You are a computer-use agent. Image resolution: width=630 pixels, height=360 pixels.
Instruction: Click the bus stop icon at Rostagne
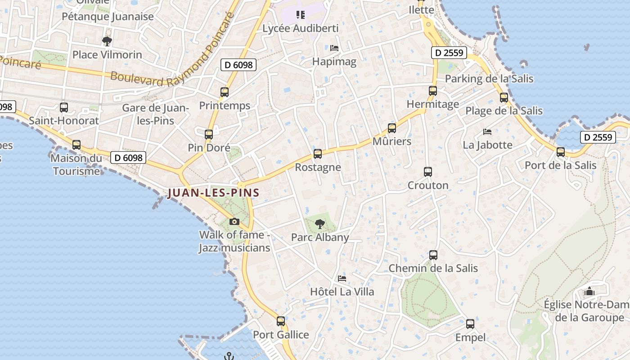318,154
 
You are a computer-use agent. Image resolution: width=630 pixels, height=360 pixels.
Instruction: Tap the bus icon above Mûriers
392,128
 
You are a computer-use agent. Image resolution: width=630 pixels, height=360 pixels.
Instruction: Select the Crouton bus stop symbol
428,172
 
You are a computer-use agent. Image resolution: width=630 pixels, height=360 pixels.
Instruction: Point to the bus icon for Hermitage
433,91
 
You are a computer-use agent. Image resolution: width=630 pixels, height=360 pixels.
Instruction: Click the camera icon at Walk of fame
234,221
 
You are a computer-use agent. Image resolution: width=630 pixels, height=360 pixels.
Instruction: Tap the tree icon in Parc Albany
320,224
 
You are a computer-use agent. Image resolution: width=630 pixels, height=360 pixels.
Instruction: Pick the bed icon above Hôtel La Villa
342,279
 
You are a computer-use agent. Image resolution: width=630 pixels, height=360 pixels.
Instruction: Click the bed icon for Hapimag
334,48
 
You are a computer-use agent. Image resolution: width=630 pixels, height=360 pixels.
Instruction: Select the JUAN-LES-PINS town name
213,193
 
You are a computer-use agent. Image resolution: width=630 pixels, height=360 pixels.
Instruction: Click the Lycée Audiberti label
300,28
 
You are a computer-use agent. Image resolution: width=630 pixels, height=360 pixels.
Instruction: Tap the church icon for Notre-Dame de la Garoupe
589,292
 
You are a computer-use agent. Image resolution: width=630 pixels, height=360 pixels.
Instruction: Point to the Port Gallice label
281,335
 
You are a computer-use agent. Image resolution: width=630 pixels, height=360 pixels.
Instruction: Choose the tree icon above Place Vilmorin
107,41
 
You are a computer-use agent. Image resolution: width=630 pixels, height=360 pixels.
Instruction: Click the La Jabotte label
487,145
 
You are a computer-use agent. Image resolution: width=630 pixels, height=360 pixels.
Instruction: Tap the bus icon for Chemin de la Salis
433,255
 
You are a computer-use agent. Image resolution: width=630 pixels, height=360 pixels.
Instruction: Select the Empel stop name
470,337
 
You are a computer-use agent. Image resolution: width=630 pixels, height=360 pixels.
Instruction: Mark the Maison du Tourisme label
76,165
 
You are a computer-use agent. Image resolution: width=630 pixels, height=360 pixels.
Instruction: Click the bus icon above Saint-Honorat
64,108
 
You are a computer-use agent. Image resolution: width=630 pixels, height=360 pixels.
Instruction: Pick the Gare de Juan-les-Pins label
155,114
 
